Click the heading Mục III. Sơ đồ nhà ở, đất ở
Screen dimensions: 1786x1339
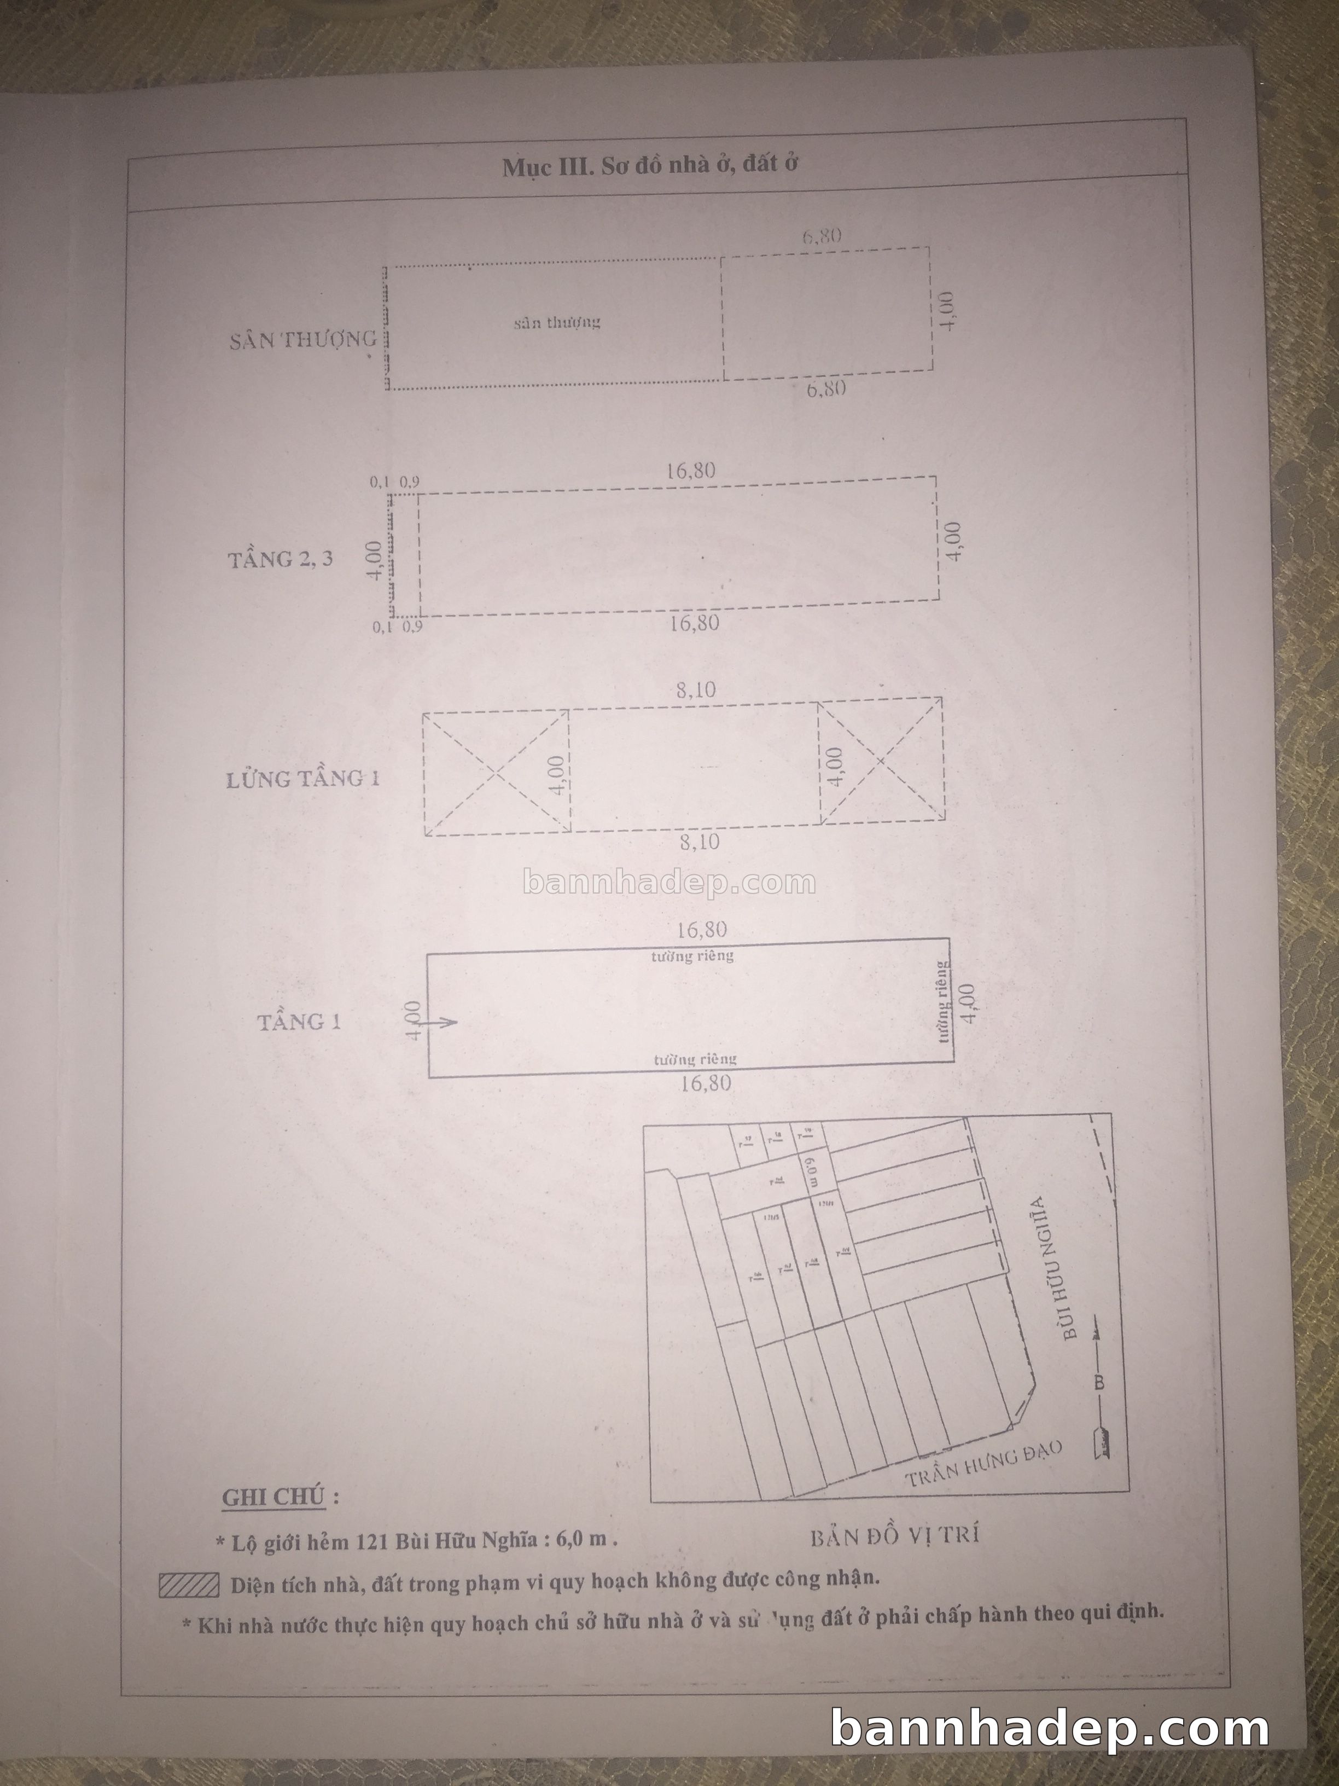[x=650, y=165]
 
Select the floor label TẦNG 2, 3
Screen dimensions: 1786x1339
[x=280, y=559]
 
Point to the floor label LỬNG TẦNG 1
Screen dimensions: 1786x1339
[x=302, y=778]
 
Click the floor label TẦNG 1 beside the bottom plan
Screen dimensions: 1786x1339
[x=299, y=1022]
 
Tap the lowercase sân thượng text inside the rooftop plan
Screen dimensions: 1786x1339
[x=557, y=322]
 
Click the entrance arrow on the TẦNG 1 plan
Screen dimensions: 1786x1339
[x=441, y=1022]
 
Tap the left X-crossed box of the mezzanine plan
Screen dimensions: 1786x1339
[x=496, y=773]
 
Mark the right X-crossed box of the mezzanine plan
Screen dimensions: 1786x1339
[x=881, y=761]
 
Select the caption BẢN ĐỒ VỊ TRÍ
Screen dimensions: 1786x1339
[x=894, y=1536]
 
